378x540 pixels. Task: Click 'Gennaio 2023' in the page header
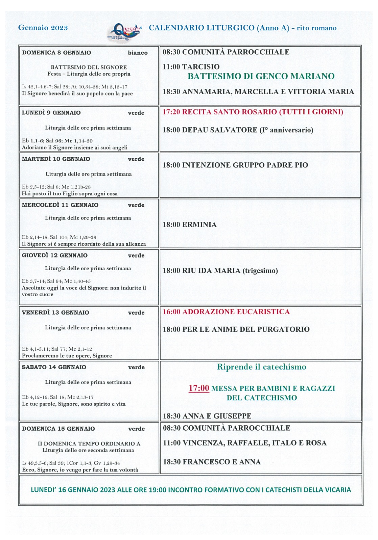43,28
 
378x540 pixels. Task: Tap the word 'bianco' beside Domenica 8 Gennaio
138,53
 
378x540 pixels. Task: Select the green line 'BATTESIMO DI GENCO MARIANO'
261,76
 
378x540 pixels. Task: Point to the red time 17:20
171,112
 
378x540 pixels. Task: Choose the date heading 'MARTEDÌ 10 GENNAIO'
56,159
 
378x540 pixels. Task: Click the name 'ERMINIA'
199,225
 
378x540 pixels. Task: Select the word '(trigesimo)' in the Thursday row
260,271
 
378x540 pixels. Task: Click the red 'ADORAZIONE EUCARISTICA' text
236,312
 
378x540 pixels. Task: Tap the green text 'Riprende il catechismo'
261,367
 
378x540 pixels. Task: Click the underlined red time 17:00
199,388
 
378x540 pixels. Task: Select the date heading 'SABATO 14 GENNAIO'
54,367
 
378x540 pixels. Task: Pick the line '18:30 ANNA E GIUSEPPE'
207,416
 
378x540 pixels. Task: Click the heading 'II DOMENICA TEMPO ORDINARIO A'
89,443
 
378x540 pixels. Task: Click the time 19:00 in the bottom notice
158,490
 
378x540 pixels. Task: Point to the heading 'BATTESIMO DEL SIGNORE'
89,67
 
